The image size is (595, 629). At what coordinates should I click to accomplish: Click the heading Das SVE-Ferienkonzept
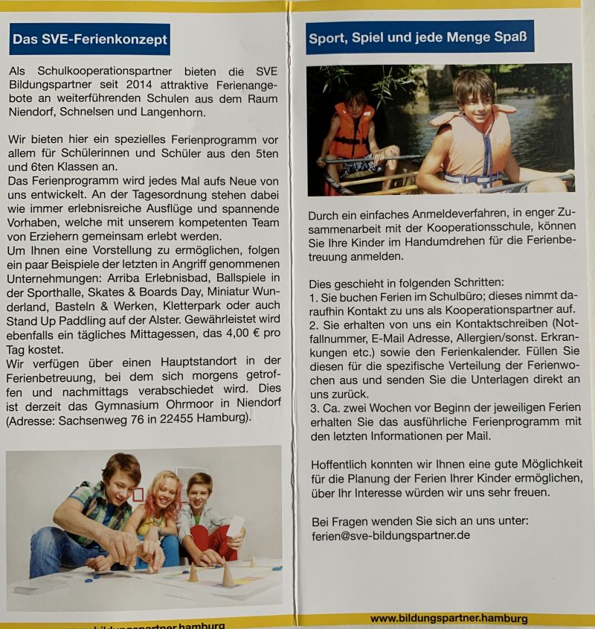(x=90, y=39)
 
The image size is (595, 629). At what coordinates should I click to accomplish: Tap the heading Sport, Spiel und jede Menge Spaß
(x=419, y=37)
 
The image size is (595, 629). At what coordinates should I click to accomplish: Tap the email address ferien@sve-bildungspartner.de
(x=390, y=535)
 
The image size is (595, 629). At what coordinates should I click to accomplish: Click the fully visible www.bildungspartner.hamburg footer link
(x=448, y=619)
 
